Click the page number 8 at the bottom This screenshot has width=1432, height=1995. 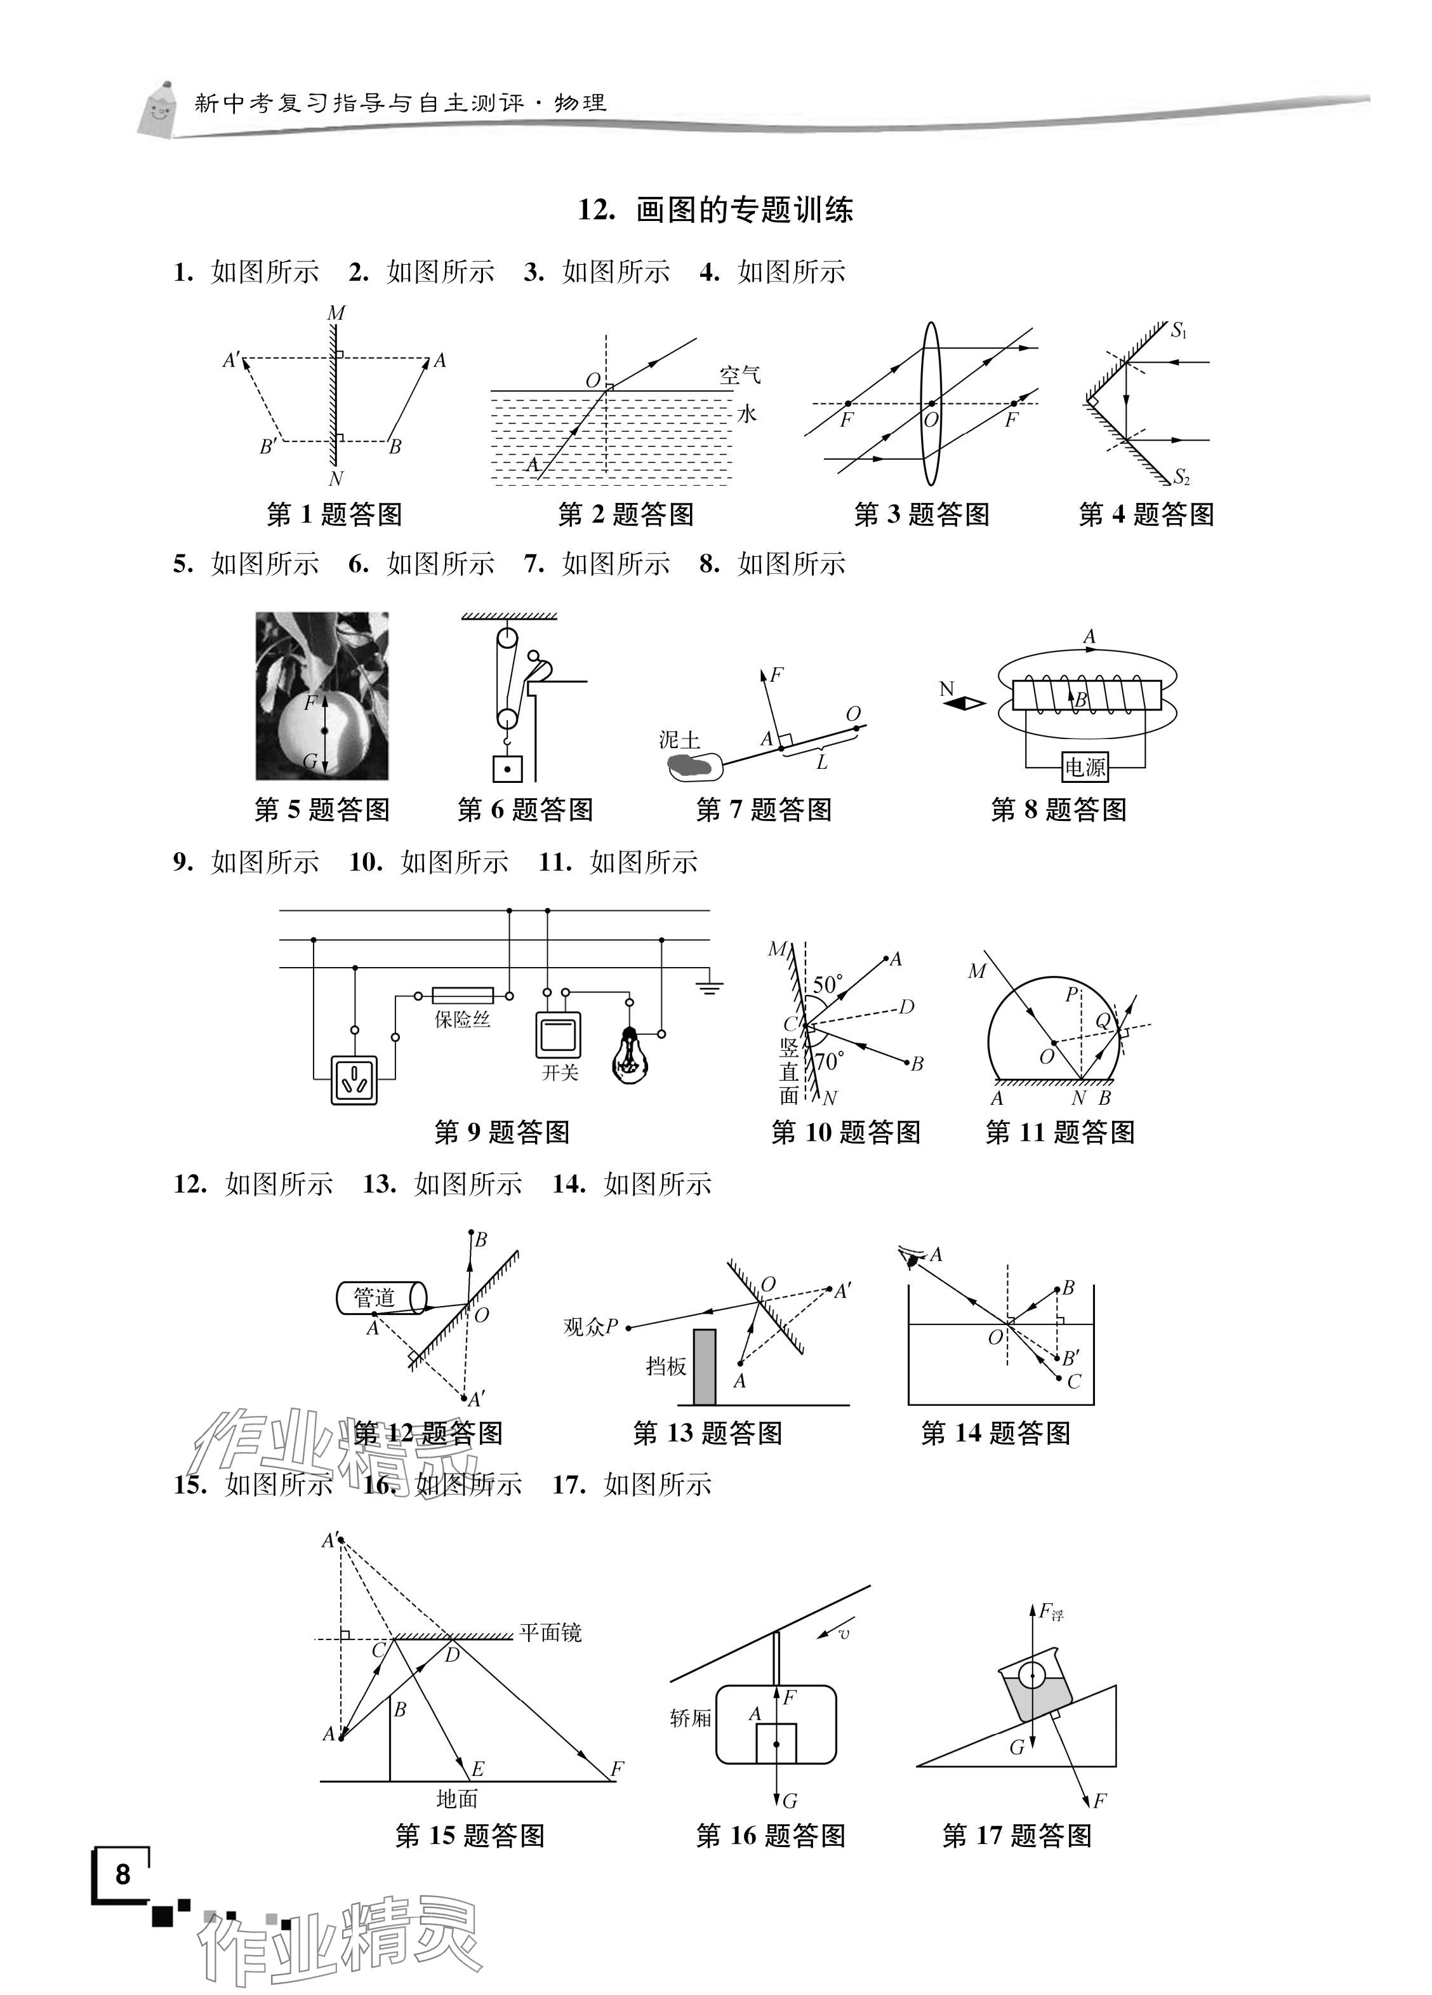tap(123, 1874)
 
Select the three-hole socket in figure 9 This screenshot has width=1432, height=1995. tap(354, 1078)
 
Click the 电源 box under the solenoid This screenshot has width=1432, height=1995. tap(1085, 767)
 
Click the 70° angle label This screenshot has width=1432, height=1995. tap(828, 1061)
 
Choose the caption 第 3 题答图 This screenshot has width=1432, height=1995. tap(921, 514)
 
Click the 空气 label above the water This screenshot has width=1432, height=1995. tap(739, 376)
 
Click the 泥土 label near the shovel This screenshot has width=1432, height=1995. tap(679, 740)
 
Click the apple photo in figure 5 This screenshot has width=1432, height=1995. tap(322, 696)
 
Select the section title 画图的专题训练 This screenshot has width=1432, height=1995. tap(744, 210)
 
